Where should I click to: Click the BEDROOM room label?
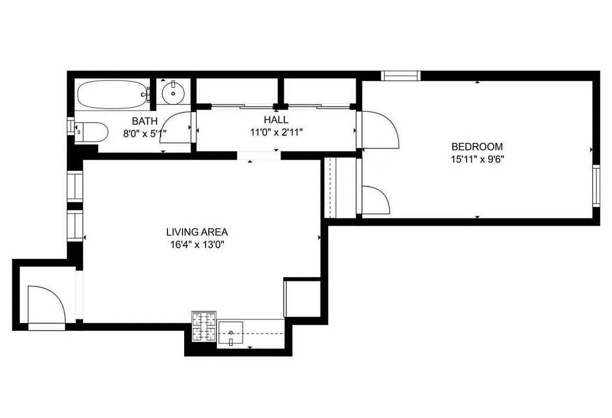coord(477,147)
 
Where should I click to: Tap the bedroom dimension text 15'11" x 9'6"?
coord(477,158)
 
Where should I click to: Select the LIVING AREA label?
coord(197,232)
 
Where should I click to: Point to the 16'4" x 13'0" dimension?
coord(197,243)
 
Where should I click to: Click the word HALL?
coord(276,120)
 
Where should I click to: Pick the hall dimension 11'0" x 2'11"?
coord(276,132)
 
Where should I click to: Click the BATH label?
coord(145,121)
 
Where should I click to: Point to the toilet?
coord(92,132)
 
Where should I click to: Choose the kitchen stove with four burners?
coord(205,327)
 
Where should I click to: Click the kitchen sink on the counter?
coord(230,332)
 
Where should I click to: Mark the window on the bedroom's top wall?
coord(401,76)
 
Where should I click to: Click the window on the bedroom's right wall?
coord(596,185)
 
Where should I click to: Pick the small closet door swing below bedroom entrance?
coord(375,201)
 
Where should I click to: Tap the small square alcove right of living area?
coord(302,298)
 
